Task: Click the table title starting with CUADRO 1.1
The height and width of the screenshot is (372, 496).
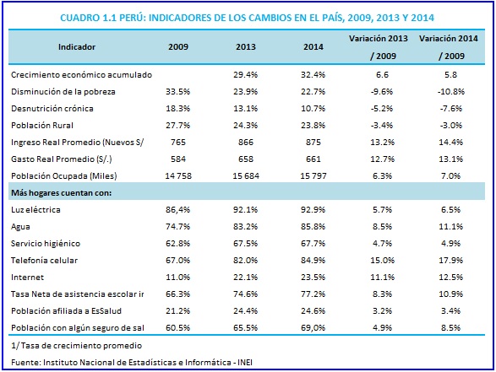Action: [x=247, y=18]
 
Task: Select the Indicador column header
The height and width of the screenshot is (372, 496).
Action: [x=77, y=47]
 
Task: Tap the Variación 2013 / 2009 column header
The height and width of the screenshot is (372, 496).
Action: [x=379, y=47]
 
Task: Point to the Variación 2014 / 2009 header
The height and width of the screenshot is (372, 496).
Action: [x=449, y=47]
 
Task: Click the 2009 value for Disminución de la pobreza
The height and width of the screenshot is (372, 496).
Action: [x=178, y=92]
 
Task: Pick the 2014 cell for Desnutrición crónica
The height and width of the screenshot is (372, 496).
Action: [x=313, y=109]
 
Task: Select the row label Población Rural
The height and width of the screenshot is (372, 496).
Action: [x=42, y=126]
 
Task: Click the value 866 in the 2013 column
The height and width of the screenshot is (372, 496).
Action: [x=246, y=143]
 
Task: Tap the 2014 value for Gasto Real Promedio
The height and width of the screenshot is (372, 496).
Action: [x=313, y=159]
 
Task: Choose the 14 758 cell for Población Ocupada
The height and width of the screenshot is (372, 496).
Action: [x=178, y=176]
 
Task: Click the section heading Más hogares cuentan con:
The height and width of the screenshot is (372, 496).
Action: [x=62, y=193]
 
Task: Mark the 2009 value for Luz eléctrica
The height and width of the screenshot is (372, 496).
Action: [x=178, y=210]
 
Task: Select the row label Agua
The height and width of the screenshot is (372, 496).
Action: [x=20, y=227]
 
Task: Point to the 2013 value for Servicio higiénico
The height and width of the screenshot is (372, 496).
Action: [x=246, y=244]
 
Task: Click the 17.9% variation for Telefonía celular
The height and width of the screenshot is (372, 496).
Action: [x=450, y=261]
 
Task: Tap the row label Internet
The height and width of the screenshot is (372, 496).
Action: [x=28, y=278]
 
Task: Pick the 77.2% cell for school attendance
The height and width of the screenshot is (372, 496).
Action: [x=313, y=294]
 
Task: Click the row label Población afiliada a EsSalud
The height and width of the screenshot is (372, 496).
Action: [x=67, y=311]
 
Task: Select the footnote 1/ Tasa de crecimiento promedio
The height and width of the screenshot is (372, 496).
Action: [x=77, y=346]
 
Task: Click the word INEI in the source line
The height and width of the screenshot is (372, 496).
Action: [x=245, y=363]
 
